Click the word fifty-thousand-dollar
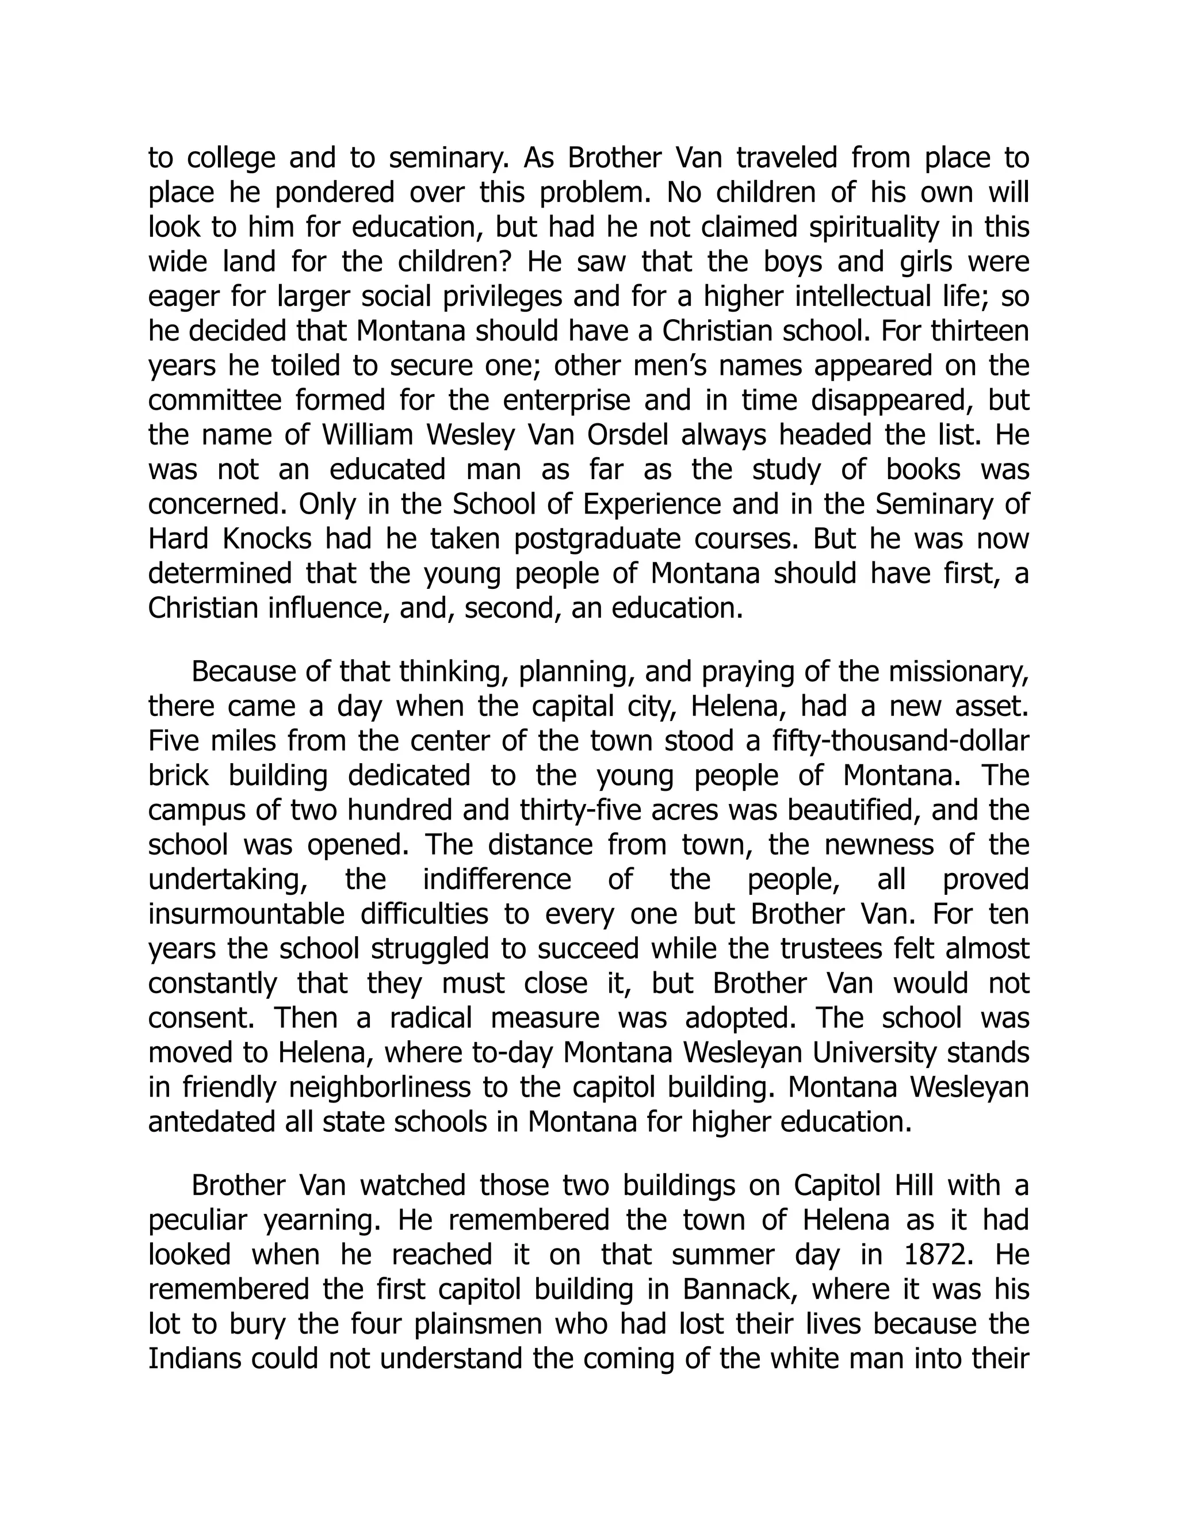pos(901,740)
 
